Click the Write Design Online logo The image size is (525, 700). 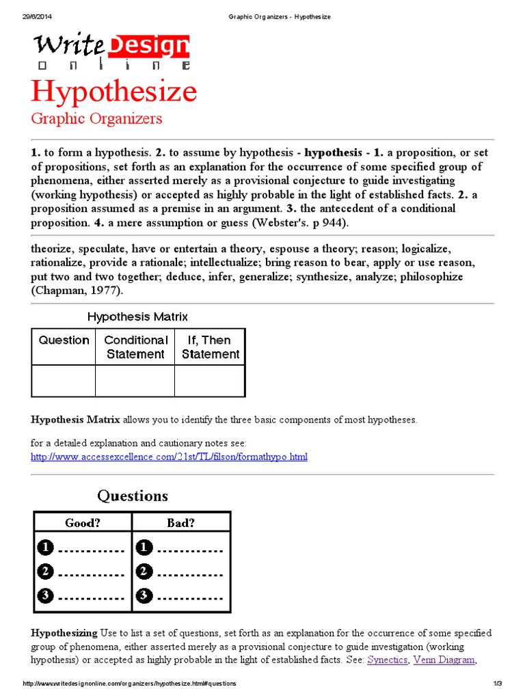(x=111, y=51)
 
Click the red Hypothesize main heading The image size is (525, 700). (x=113, y=92)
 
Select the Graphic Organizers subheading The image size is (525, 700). (x=96, y=118)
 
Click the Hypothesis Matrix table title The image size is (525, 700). (x=137, y=317)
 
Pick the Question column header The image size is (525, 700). (x=64, y=340)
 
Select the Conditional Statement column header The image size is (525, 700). (x=135, y=347)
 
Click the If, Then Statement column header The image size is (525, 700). (x=210, y=347)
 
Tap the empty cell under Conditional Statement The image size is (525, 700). (x=135, y=381)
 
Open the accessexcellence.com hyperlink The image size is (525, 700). (x=169, y=456)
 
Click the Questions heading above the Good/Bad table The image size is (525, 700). (x=132, y=496)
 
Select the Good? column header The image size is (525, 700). (x=83, y=523)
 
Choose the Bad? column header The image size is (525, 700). (x=181, y=523)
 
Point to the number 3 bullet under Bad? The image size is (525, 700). (x=144, y=595)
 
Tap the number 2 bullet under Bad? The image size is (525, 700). (x=144, y=571)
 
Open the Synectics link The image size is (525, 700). (x=388, y=660)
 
